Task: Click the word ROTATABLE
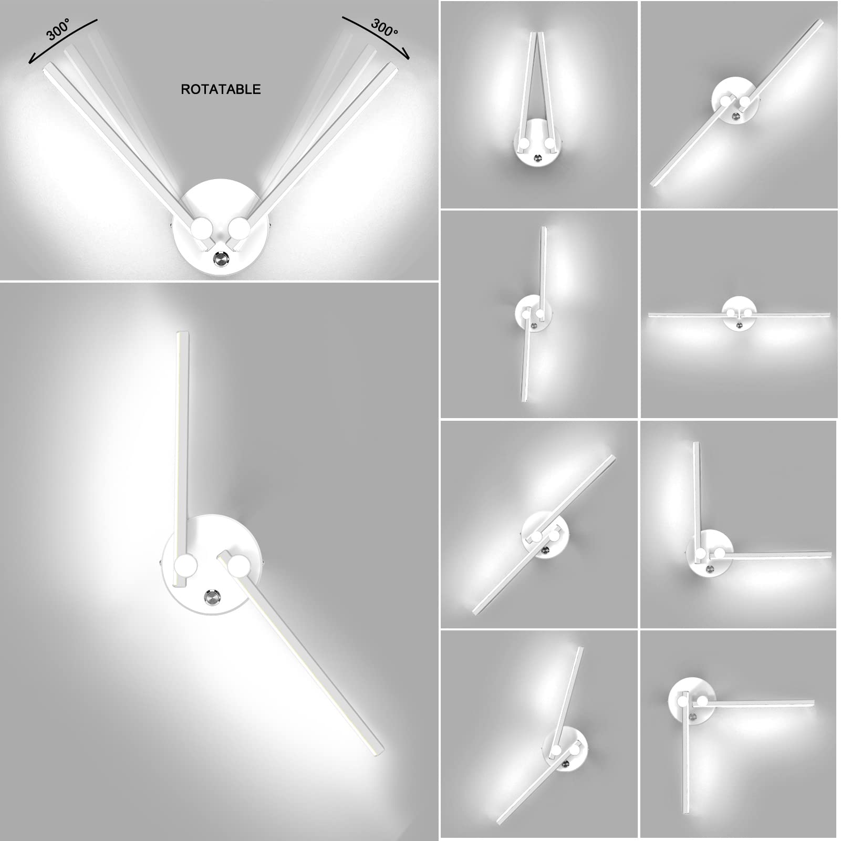[221, 89]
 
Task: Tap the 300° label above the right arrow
[384, 28]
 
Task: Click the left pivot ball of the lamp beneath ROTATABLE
[201, 229]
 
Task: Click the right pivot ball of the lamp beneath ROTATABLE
[240, 229]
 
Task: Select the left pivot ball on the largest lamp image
[185, 567]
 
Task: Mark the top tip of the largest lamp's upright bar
[183, 332]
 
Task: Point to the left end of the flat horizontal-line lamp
[650, 315]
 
